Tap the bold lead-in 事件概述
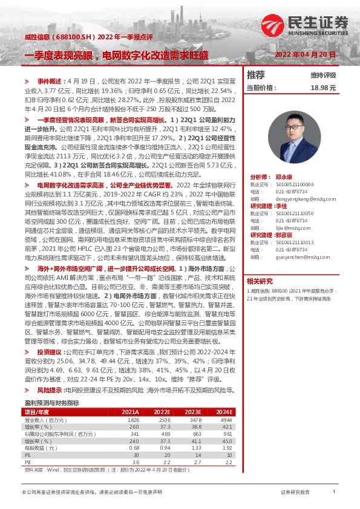coord(50,80)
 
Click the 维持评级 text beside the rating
coord(323,75)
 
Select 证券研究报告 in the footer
coord(295,492)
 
